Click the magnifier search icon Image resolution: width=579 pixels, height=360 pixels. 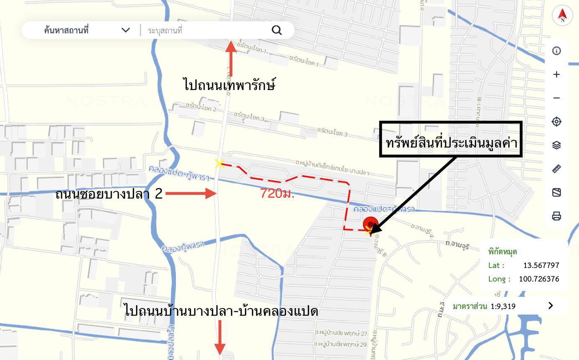tap(277, 30)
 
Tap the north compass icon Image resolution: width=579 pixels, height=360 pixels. tap(562, 15)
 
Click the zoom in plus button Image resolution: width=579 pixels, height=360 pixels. tap(556, 75)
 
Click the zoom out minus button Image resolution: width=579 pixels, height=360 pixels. tap(556, 98)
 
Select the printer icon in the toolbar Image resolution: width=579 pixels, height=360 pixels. tap(556, 216)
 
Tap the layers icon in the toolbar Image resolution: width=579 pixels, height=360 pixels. tap(556, 145)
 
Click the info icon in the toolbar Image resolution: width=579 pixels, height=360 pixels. tap(556, 51)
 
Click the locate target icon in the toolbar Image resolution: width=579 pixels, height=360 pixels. tap(556, 121)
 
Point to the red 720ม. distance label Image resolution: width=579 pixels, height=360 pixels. tap(277, 194)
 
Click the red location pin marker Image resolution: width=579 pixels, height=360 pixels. tap(371, 224)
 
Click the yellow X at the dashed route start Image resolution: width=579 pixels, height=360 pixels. tap(219, 164)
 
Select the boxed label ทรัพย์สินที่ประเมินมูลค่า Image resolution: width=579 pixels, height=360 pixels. tap(451, 140)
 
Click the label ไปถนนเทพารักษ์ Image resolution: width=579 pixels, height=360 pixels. tap(229, 85)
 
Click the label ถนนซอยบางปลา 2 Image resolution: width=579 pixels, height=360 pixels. tap(109, 194)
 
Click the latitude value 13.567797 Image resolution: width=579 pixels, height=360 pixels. tap(541, 265)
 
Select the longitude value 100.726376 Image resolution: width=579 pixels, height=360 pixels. tap(539, 279)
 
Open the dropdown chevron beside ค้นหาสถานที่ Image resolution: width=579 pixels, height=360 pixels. tap(126, 30)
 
